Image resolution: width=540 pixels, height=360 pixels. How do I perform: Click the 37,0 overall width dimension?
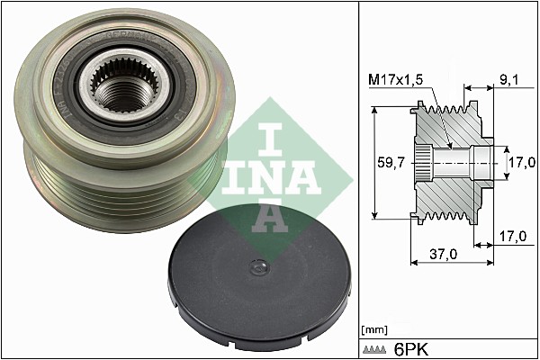point(442,255)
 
